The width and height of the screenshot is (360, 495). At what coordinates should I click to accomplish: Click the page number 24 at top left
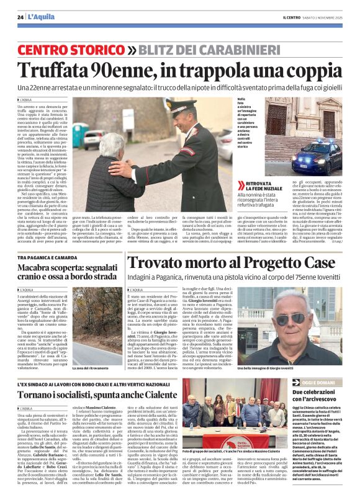[x=20, y=17]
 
